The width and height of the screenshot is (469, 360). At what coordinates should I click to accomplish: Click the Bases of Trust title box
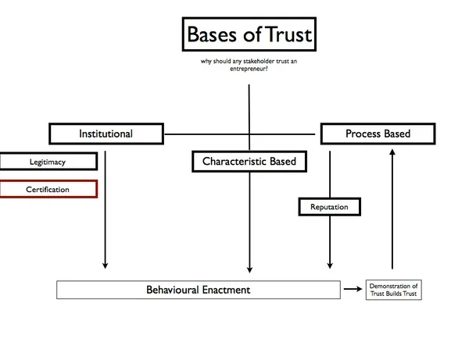point(249,35)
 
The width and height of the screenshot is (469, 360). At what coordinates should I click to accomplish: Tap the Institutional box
point(106,134)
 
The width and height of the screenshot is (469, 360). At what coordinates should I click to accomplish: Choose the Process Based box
point(378,134)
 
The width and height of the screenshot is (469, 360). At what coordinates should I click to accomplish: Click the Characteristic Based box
point(249,162)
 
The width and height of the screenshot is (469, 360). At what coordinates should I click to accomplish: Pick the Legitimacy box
point(48,162)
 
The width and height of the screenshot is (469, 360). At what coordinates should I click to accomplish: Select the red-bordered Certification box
point(48,189)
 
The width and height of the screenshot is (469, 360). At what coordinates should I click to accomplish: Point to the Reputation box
point(329,207)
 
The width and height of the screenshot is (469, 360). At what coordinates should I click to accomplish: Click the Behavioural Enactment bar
point(199,290)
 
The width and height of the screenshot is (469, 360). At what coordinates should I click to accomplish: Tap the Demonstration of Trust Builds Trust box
point(394,290)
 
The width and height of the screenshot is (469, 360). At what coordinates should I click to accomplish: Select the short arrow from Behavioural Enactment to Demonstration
point(353,290)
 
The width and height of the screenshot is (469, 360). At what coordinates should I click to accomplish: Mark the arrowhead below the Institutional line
point(106,265)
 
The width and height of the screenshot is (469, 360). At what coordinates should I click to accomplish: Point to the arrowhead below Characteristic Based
point(249,265)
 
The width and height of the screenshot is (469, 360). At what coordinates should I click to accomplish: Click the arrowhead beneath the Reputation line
point(329,265)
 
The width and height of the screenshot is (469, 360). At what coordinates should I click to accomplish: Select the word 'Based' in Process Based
point(396,134)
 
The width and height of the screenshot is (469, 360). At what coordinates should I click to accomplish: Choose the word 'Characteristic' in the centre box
point(234,162)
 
